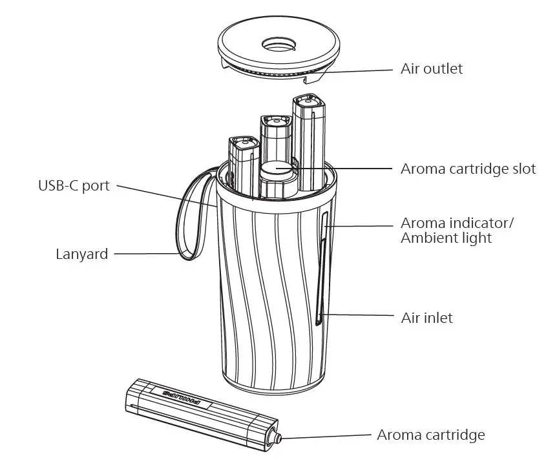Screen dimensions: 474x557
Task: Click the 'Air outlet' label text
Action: [432, 68]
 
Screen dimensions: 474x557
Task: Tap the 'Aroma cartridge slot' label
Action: [468, 169]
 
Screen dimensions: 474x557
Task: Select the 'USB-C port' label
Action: [73, 186]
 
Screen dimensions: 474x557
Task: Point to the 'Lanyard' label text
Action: [81, 254]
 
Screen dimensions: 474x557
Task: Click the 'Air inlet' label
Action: [426, 318]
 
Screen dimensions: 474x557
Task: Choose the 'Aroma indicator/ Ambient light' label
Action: [456, 231]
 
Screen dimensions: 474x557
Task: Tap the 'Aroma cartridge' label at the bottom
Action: [430, 435]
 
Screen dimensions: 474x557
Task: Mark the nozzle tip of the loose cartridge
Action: [278, 438]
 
